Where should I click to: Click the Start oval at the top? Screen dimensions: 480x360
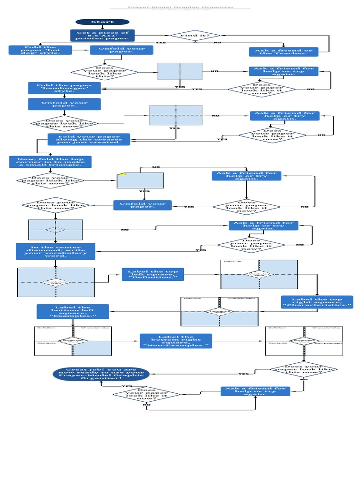coord(102,22)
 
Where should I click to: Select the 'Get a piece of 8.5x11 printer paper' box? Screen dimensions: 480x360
coord(102,36)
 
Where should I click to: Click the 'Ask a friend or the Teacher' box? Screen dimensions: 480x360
coord(283,52)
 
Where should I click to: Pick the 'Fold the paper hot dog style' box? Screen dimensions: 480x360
coord(40,50)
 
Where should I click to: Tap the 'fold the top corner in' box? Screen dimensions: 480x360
coord(50,162)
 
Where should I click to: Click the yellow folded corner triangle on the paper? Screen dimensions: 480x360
coord(123,174)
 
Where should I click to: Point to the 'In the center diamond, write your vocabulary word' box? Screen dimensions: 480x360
coord(55,251)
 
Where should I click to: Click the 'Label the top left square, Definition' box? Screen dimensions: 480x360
coord(153,274)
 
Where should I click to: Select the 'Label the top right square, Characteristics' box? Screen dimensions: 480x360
coord(316,302)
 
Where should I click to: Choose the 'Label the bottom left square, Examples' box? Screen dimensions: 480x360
coord(73,311)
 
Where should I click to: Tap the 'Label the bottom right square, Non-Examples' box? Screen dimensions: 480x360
coord(176,341)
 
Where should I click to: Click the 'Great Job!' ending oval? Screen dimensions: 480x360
coord(101,374)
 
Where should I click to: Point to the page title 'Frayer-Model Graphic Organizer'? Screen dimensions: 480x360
coord(180,7)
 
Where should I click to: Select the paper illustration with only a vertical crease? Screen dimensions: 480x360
coord(180,71)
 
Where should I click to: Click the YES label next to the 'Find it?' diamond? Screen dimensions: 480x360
coord(160,43)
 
